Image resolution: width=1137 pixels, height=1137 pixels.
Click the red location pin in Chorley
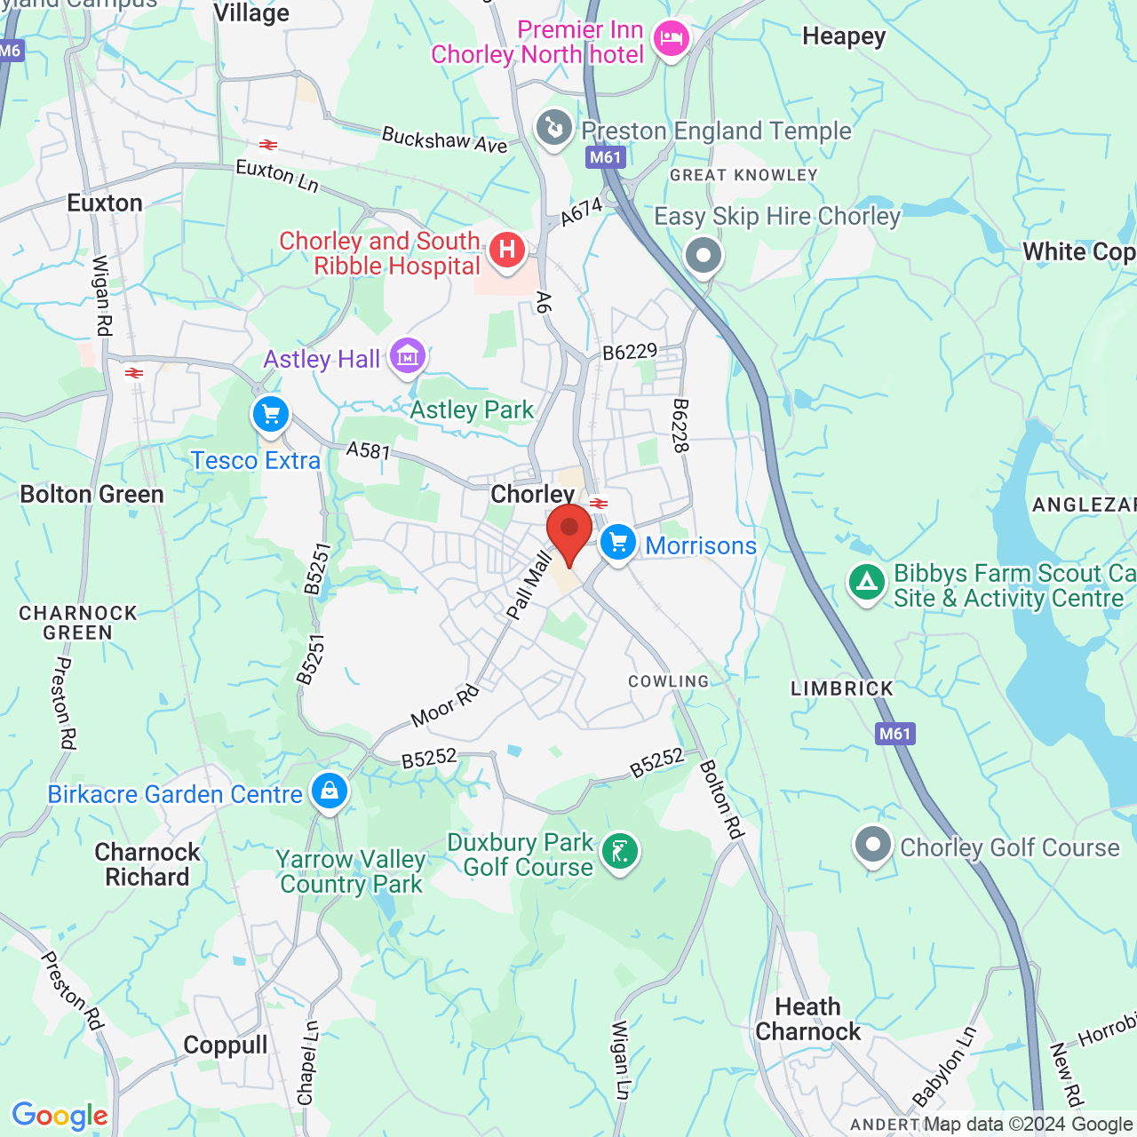click(568, 529)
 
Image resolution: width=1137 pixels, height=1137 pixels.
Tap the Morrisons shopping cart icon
click(618, 542)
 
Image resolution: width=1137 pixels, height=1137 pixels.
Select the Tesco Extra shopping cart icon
click(271, 415)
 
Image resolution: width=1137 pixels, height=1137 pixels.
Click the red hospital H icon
click(507, 250)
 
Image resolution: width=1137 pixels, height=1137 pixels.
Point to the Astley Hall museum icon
click(408, 356)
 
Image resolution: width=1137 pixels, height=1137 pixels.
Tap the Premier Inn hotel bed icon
click(671, 39)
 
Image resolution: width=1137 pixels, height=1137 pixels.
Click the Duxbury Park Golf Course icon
click(619, 852)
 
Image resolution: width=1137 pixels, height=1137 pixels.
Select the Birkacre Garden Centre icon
click(330, 791)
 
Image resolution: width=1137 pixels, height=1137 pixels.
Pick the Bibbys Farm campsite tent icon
click(866, 584)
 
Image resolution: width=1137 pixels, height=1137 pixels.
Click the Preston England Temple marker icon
click(554, 129)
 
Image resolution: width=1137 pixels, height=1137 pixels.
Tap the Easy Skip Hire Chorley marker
click(704, 256)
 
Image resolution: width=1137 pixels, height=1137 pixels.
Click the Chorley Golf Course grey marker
click(872, 845)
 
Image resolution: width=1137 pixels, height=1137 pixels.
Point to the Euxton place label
click(105, 203)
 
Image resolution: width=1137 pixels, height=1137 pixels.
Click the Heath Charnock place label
click(807, 1019)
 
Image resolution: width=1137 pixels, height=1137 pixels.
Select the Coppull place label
click(225, 1046)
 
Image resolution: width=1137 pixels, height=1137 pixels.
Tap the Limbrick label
click(842, 688)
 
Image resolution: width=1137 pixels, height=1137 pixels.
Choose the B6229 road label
click(630, 352)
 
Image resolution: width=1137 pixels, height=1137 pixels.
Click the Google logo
click(60, 1116)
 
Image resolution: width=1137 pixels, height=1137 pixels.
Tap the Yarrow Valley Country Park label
click(352, 871)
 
